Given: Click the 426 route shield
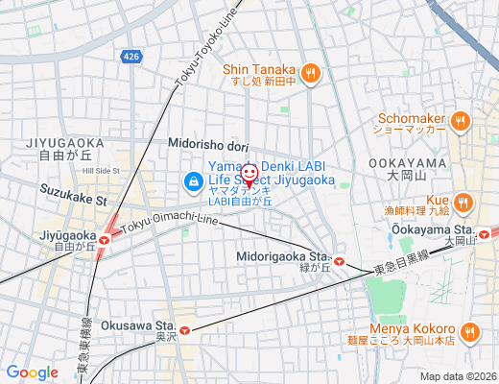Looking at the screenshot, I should [131, 58].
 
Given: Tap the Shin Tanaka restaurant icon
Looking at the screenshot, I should [310, 73].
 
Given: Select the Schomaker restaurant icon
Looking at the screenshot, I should [461, 122].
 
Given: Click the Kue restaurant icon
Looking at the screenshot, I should [463, 202].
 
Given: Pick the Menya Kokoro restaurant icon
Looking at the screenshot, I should [469, 332].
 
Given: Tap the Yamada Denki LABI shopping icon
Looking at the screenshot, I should [193, 180].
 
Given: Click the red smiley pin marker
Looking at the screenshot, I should [249, 174].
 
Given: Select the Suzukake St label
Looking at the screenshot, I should [72, 196].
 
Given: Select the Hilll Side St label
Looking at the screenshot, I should [101, 170].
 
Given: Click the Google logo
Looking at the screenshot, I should [32, 372].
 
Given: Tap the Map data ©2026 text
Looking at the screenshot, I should [457, 376].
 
